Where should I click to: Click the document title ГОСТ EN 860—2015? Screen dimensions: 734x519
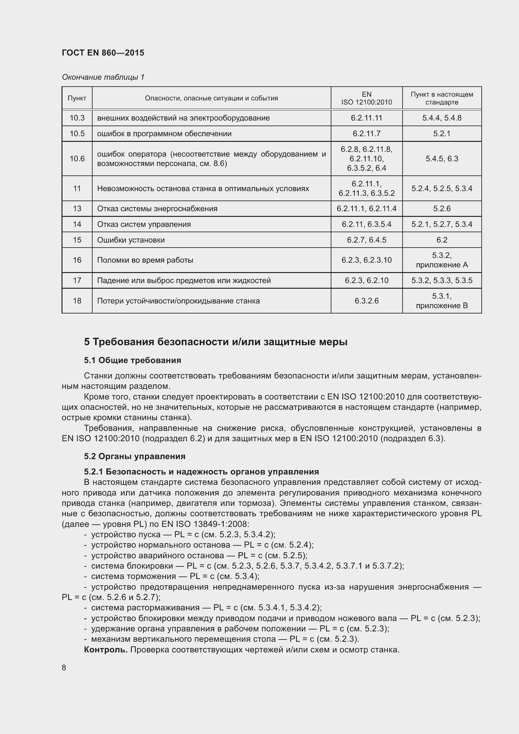103,53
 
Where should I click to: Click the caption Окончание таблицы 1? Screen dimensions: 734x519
103,77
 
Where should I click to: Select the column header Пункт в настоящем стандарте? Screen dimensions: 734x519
442,98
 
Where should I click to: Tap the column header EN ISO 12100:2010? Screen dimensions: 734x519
366,98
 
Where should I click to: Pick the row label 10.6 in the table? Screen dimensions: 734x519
77,158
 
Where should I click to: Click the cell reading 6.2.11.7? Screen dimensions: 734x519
366,134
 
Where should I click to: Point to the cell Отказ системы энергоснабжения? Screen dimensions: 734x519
157,209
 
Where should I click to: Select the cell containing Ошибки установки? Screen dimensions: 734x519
131,240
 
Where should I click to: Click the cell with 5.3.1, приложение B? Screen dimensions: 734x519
442,301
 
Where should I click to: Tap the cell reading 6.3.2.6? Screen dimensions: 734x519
366,301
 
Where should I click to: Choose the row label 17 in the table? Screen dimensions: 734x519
77,281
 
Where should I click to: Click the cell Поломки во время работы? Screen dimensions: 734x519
145,260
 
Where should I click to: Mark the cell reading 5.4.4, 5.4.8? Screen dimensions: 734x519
442,118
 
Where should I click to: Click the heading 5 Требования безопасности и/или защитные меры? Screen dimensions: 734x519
216,342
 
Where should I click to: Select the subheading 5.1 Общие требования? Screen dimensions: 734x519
133,360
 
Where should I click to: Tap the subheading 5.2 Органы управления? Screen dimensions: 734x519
135,456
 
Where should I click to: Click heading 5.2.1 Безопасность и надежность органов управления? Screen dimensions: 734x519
201,472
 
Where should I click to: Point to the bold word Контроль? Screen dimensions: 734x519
105,650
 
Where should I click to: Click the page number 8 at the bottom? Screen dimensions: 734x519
64,668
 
